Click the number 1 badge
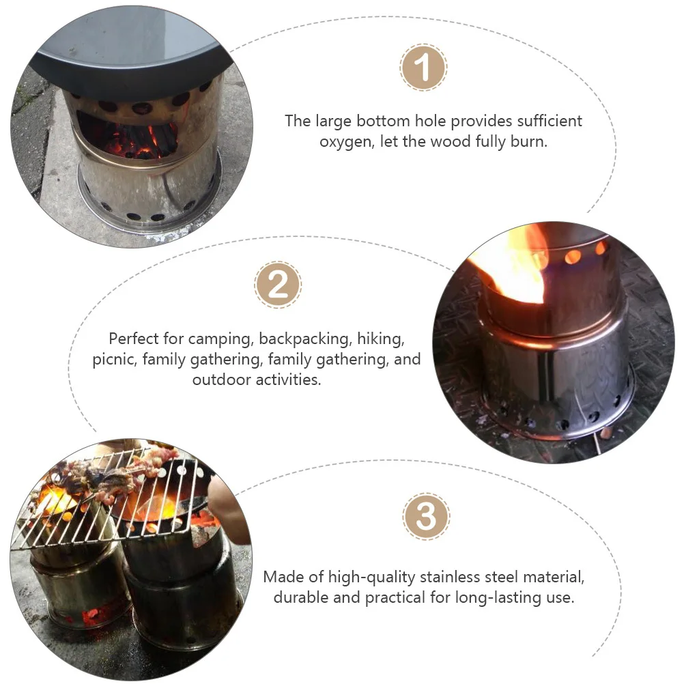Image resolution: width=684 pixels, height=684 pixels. [423, 68]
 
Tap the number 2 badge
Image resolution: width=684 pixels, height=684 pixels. [278, 284]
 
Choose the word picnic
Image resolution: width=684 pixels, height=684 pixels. [115, 359]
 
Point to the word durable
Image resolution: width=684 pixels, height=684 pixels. [302, 598]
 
